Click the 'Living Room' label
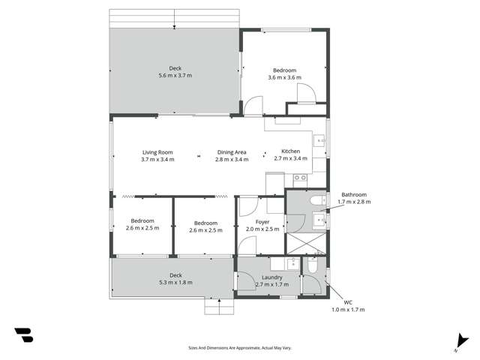click(x=157, y=152)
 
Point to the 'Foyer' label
click(x=262, y=222)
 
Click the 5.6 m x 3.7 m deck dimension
click(x=175, y=76)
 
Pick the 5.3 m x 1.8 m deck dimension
click(x=175, y=283)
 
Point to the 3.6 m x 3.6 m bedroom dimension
click(x=284, y=77)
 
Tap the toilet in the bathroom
click(x=318, y=199)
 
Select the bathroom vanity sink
click(x=319, y=220)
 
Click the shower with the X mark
click(x=307, y=242)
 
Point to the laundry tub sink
click(x=291, y=263)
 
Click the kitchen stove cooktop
click(x=299, y=178)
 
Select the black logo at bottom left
click(x=23, y=335)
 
